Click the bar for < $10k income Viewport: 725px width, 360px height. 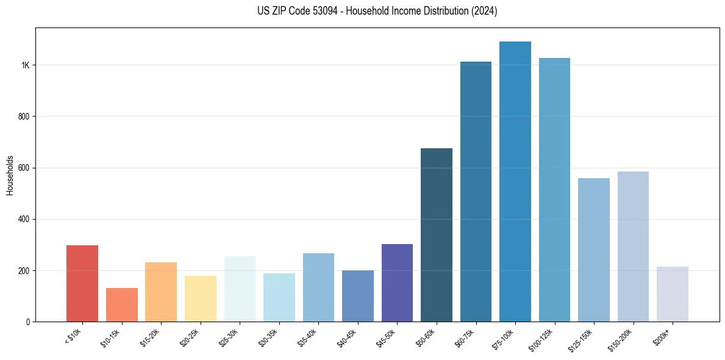pos(82,283)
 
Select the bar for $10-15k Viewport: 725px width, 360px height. pos(121,304)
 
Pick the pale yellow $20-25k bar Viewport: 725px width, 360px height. pos(200,298)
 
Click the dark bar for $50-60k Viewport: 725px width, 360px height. pos(437,235)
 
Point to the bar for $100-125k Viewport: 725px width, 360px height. pos(554,190)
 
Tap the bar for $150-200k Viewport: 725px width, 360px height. pos(633,247)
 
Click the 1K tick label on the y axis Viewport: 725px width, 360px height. pos(25,65)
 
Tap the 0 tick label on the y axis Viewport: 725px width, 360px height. pos(27,322)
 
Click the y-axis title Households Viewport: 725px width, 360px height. pos(10,175)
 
